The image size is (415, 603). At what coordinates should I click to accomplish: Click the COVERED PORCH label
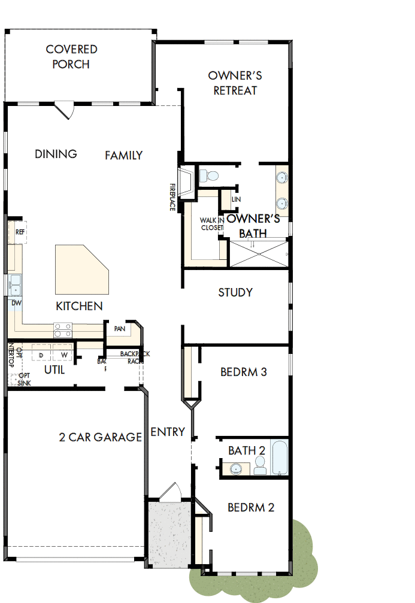(71, 56)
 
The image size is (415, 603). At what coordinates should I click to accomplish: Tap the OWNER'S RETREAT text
(235, 83)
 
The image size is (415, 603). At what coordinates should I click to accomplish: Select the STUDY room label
(235, 293)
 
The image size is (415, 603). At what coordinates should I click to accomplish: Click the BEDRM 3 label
(243, 372)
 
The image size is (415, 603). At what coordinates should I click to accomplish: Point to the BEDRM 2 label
(251, 508)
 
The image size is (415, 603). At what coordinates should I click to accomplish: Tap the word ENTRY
(168, 432)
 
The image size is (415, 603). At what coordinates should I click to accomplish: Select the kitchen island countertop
(81, 269)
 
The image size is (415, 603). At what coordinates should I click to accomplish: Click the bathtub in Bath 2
(280, 458)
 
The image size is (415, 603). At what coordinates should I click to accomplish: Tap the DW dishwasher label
(16, 303)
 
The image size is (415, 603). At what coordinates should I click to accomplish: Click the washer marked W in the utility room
(62, 355)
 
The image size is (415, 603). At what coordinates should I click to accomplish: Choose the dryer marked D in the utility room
(41, 355)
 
